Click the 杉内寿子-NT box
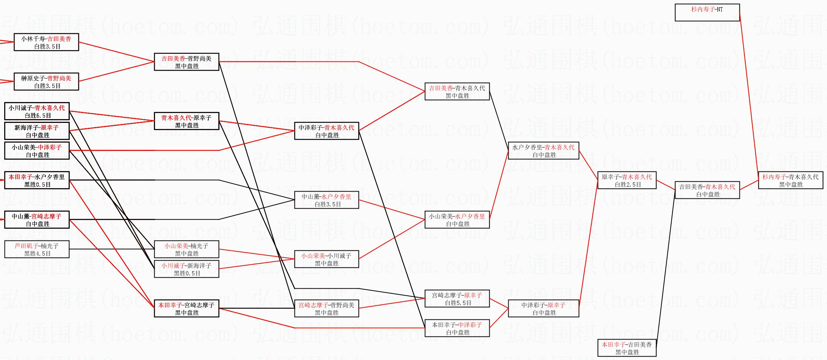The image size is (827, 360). pyautogui.click(x=707, y=13)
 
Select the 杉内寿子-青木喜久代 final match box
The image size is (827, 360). pyautogui.click(x=791, y=180)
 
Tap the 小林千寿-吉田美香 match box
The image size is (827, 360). pyautogui.click(x=46, y=42)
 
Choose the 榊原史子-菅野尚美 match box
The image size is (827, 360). pyautogui.click(x=46, y=82)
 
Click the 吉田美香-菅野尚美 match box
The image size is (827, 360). pyautogui.click(x=186, y=62)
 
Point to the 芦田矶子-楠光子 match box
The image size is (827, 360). pyautogui.click(x=37, y=249)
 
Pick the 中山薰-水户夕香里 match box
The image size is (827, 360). pyautogui.click(x=326, y=200)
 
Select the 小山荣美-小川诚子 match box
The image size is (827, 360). pyautogui.click(x=326, y=259)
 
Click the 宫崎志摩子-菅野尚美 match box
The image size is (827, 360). pyautogui.click(x=326, y=308)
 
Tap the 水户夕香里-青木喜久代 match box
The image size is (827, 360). pyautogui.click(x=543, y=151)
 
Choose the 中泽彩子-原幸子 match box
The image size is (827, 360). pyautogui.click(x=543, y=308)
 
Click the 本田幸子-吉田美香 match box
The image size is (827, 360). pyautogui.click(x=627, y=348)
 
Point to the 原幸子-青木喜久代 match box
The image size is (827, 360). pyautogui.click(x=627, y=180)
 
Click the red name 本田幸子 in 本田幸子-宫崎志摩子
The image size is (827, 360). pyautogui.click(x=170, y=305)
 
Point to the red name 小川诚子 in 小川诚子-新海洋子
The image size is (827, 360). pyautogui.click(x=173, y=266)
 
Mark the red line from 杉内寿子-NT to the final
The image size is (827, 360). pyautogui.click(x=749, y=91)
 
